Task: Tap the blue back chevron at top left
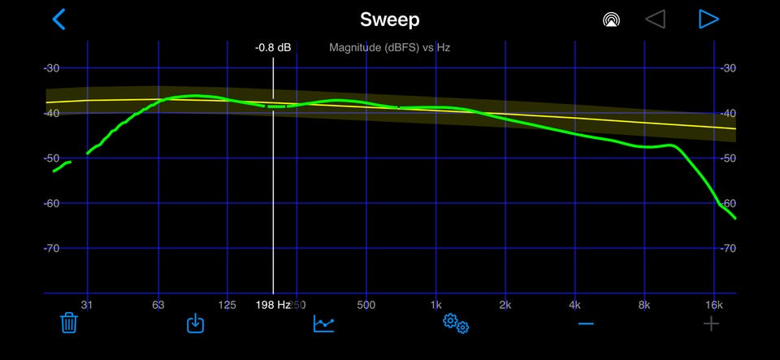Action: pos(58,19)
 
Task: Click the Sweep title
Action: pos(389,19)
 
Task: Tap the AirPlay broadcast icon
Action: pos(613,20)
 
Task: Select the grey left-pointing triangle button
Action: pos(655,19)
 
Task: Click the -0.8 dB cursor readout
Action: pos(273,48)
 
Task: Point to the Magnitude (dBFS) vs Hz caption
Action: pos(389,48)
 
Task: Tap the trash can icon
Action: pos(69,323)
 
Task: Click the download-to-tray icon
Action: pos(195,323)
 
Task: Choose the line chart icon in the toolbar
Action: pos(324,323)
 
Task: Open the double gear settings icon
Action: pos(455,323)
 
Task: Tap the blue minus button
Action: pos(586,323)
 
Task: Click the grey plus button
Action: pos(711,324)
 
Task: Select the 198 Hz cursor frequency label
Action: pos(273,305)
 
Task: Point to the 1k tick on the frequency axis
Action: pos(435,305)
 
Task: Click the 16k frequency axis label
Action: pos(714,305)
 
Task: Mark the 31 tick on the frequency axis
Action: pos(87,305)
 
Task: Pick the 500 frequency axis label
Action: pos(366,305)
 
